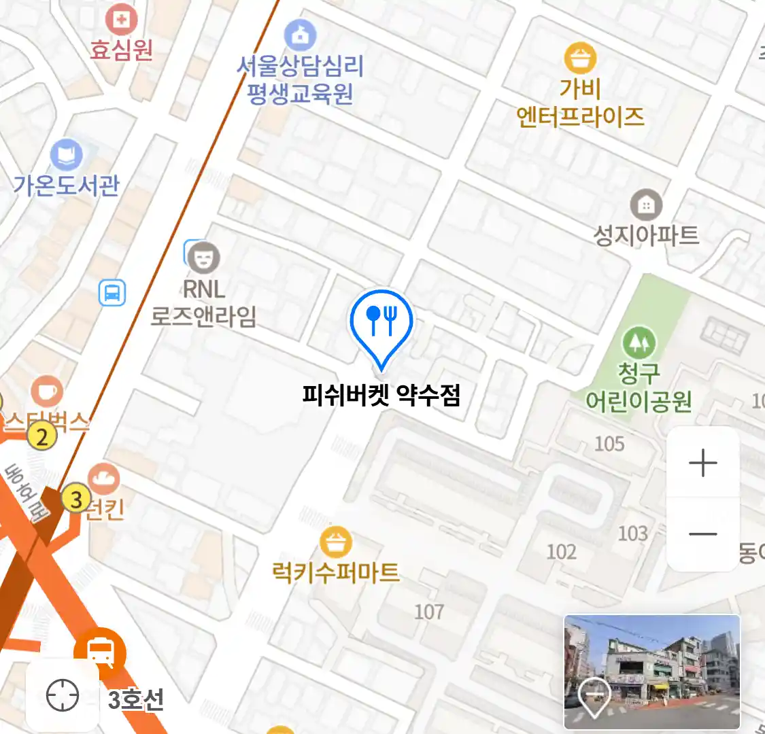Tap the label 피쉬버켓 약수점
pos(381,395)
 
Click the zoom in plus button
pos(702,464)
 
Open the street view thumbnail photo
pos(651,671)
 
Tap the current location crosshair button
pos(63,696)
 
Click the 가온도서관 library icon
pos(67,156)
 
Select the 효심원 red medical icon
pos(121,20)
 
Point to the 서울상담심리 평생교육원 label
pos(300,80)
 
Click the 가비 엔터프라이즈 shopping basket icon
pos(579,58)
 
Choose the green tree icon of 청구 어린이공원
pos(639,343)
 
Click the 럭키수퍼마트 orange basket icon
pos(336,542)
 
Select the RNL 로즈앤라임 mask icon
pos(203,258)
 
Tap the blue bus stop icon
pos(112,293)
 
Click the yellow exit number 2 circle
pos(42,436)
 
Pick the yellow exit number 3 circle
pos(76,500)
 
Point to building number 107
pos(429,612)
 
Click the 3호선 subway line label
pos(136,699)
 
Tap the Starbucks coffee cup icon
pos(47,392)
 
